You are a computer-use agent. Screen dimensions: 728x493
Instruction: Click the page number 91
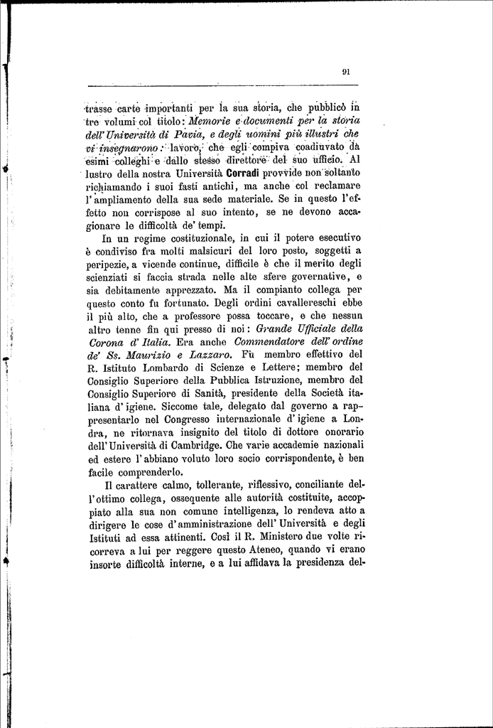[345, 71]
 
